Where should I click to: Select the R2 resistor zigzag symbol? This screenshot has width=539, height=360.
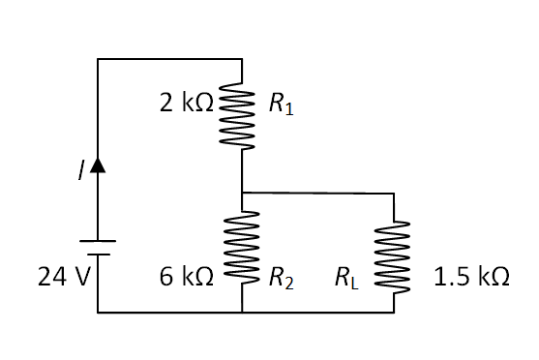tap(240, 253)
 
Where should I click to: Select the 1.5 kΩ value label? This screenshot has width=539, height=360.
tap(471, 278)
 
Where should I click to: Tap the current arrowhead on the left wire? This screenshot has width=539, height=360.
tap(98, 166)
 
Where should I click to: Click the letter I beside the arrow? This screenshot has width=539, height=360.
tap(81, 170)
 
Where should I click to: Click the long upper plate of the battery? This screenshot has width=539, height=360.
tap(98, 241)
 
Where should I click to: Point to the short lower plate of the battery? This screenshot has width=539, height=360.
tap(98, 255)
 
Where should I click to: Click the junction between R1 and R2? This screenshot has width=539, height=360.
tap(240, 193)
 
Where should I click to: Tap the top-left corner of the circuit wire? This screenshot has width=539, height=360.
tap(98, 59)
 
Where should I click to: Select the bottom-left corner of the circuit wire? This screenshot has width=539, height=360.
tap(98, 313)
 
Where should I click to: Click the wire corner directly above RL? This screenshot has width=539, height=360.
tap(394, 194)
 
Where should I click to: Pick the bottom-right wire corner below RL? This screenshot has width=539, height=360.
tap(394, 313)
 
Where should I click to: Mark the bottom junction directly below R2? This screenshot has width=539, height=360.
tap(240, 313)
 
